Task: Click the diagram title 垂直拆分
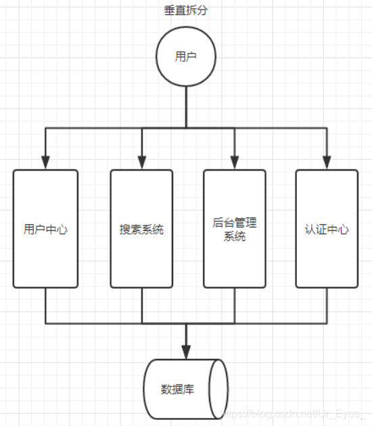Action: [x=185, y=12]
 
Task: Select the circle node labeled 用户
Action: [x=185, y=57]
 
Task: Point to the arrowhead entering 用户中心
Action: [x=45, y=163]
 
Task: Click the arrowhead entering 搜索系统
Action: [x=142, y=163]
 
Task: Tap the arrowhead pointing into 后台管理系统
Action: [x=235, y=163]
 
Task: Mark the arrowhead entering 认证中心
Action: [x=327, y=163]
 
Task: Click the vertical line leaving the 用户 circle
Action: [x=185, y=105]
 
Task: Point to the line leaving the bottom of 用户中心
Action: [x=45, y=305]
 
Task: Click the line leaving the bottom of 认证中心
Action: [x=327, y=305]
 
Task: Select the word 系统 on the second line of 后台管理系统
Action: [x=235, y=236]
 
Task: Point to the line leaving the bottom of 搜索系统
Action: [x=142, y=305]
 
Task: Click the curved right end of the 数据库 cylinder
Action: [x=218, y=389]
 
